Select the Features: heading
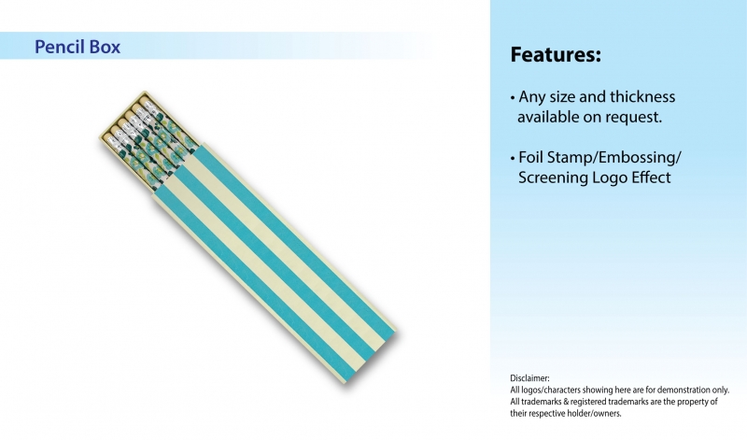coord(556,54)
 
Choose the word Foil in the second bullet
coord(530,157)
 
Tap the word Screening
coord(553,177)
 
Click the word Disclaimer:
coord(529,378)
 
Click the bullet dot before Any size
coord(513,98)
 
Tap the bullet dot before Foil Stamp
coord(513,158)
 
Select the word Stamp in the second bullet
coord(570,158)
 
